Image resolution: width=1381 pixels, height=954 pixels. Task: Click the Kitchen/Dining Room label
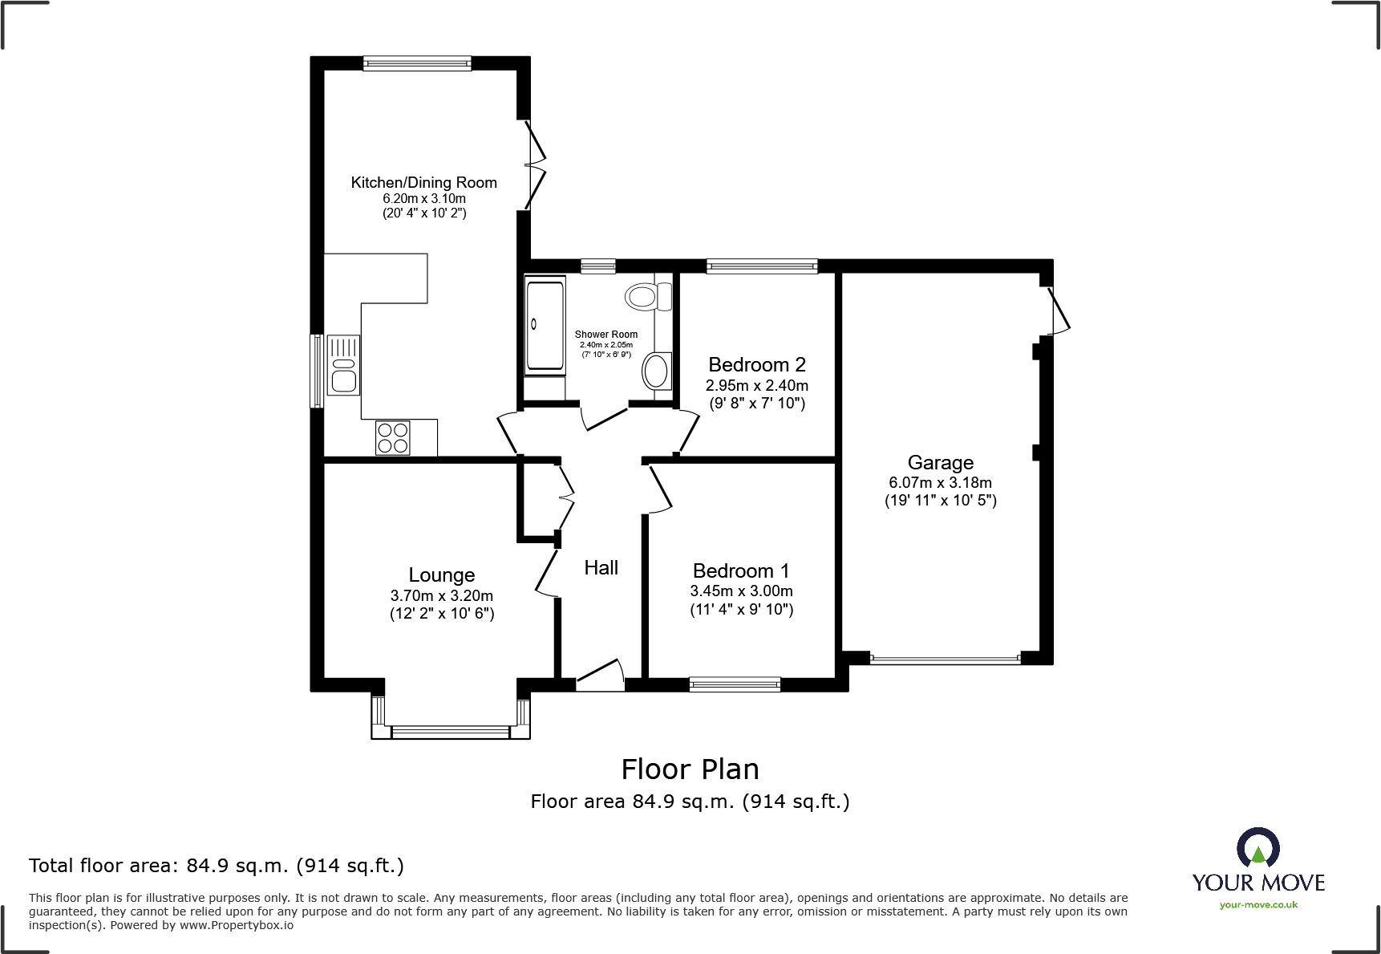pyautogui.click(x=423, y=183)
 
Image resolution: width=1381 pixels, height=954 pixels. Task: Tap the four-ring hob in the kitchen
pyautogui.click(x=393, y=438)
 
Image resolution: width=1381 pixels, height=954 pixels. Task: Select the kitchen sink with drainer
pyautogui.click(x=343, y=365)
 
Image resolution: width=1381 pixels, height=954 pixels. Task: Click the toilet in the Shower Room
pyautogui.click(x=646, y=297)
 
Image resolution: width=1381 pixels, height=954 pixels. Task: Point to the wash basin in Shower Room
pyautogui.click(x=656, y=371)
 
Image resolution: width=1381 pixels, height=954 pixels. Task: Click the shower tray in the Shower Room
pyautogui.click(x=545, y=324)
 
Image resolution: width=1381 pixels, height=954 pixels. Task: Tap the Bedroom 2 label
pyautogui.click(x=756, y=365)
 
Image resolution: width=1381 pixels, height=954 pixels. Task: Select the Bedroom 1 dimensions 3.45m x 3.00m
pyautogui.click(x=741, y=591)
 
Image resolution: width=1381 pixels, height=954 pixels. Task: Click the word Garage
pyautogui.click(x=940, y=463)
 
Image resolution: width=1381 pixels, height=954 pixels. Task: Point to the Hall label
pyautogui.click(x=601, y=568)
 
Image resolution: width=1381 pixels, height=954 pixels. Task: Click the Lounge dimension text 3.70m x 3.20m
pyautogui.click(x=441, y=596)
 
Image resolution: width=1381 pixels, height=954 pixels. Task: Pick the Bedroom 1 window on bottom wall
pyautogui.click(x=735, y=684)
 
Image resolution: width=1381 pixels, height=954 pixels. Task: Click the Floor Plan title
pyautogui.click(x=690, y=769)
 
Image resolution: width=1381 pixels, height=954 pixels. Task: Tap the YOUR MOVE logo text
pyautogui.click(x=1257, y=883)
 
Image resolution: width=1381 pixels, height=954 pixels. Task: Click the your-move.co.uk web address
pyautogui.click(x=1257, y=905)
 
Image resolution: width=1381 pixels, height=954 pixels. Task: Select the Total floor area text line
pyautogui.click(x=217, y=866)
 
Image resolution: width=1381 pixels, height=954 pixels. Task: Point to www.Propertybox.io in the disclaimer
pyautogui.click(x=236, y=925)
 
